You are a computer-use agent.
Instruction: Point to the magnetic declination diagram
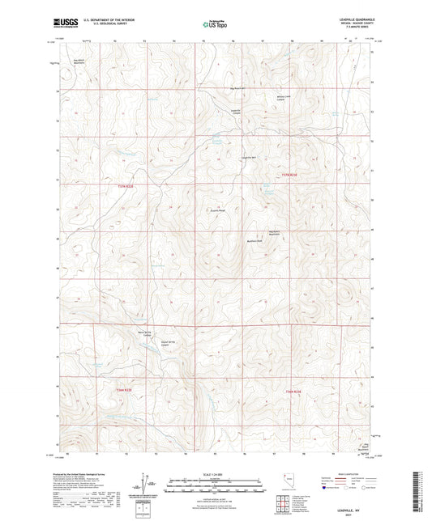147,485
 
